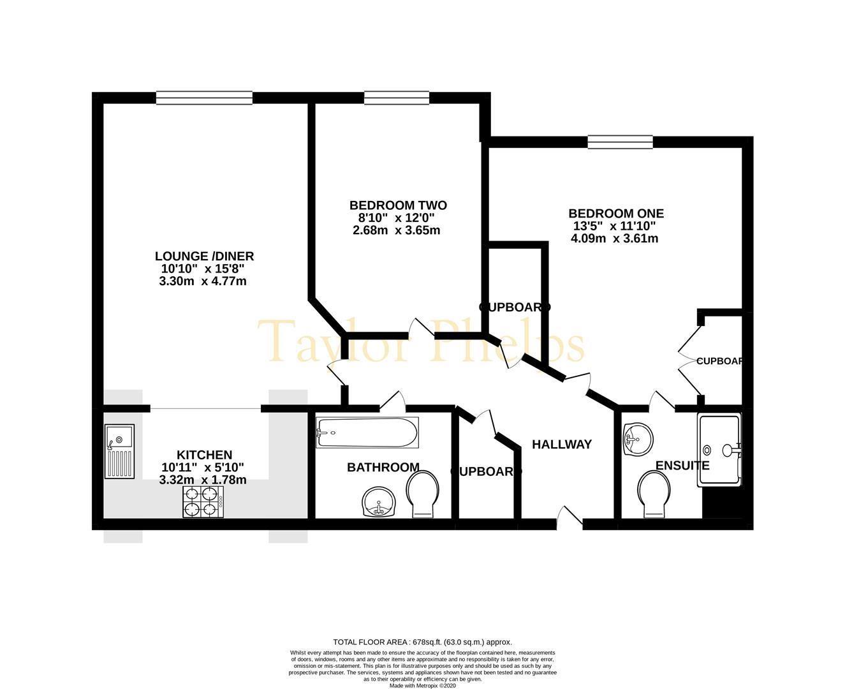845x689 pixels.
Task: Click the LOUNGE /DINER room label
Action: pyautogui.click(x=204, y=256)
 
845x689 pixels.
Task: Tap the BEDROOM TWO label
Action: pyautogui.click(x=398, y=205)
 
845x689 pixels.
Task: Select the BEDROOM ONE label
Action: pyautogui.click(x=616, y=214)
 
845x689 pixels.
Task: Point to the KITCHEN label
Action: pyautogui.click(x=204, y=455)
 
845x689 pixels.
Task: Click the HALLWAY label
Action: pyautogui.click(x=562, y=445)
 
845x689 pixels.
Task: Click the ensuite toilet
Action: pyautogui.click(x=654, y=494)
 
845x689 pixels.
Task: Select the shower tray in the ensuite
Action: pyautogui.click(x=719, y=449)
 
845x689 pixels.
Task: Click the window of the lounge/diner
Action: pyautogui.click(x=204, y=98)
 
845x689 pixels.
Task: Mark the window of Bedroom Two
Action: pyautogui.click(x=396, y=98)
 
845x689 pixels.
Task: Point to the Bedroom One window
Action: pyautogui.click(x=620, y=142)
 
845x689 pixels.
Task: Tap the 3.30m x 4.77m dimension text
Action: pyautogui.click(x=203, y=281)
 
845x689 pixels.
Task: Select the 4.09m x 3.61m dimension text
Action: pyautogui.click(x=615, y=239)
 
